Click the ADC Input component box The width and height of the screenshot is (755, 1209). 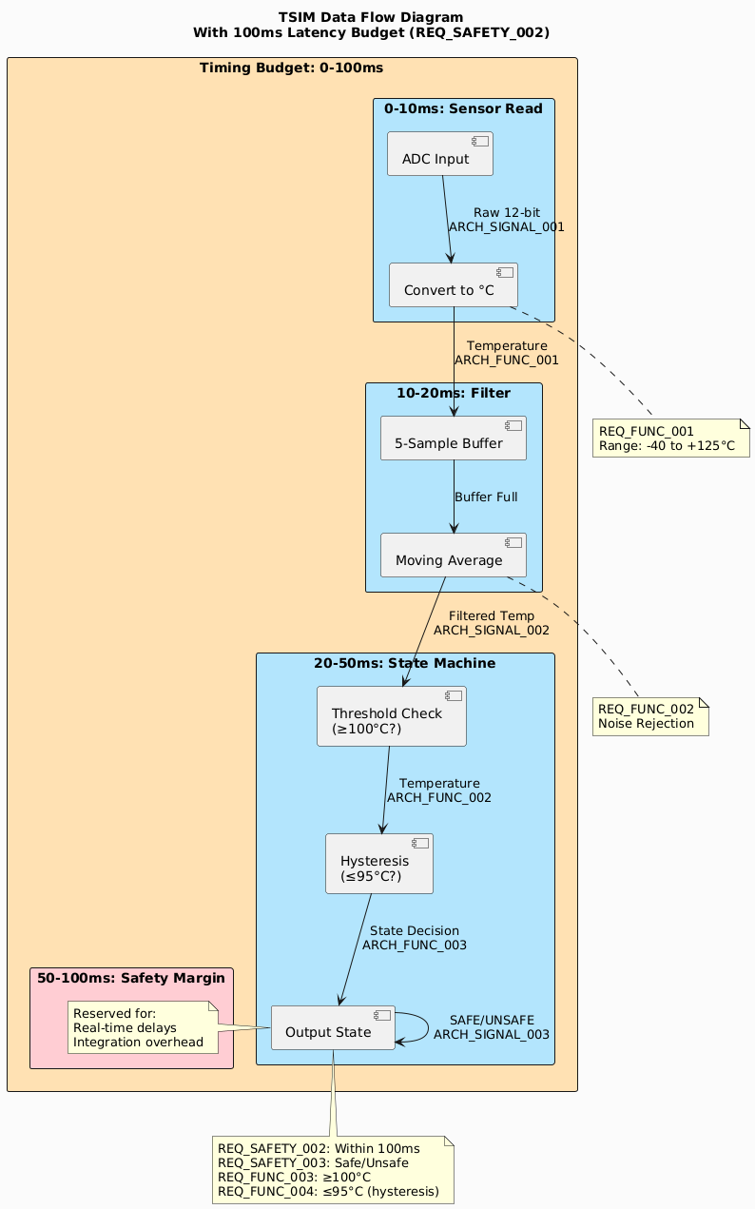pyautogui.click(x=439, y=154)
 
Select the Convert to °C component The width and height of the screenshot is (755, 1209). pyautogui.click(x=453, y=285)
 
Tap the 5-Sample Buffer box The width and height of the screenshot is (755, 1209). pyautogui.click(x=453, y=438)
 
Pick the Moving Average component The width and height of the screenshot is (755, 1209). pyautogui.click(x=453, y=556)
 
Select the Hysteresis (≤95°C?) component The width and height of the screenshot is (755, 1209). pyautogui.click(x=378, y=864)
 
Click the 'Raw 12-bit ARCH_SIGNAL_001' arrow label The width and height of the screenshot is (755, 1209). pyautogui.click(x=506, y=220)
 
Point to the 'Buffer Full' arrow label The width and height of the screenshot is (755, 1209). pyautogui.click(x=486, y=497)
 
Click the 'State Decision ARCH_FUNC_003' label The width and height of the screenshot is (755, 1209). pyautogui.click(x=414, y=938)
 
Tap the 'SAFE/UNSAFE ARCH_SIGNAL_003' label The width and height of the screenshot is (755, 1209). pyautogui.click(x=491, y=1027)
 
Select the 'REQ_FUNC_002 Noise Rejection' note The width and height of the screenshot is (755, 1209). pyautogui.click(x=650, y=717)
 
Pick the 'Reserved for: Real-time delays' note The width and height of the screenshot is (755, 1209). pyautogui.click(x=143, y=1027)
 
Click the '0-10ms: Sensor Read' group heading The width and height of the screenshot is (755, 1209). pyautogui.click(x=463, y=109)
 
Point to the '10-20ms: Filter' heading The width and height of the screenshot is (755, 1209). pyautogui.click(x=454, y=393)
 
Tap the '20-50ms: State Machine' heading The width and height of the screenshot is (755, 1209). pyautogui.click(x=404, y=663)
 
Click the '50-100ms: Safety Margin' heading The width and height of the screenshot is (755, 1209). pyautogui.click(x=131, y=978)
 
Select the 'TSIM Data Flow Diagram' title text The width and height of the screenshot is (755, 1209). pyautogui.click(x=371, y=17)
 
